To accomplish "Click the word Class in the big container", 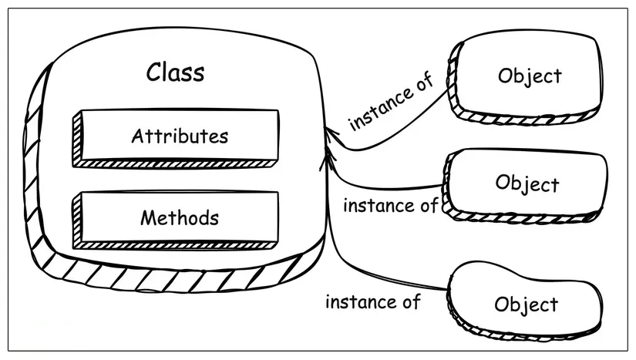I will [x=176, y=72].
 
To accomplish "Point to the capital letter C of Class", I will [x=155, y=72].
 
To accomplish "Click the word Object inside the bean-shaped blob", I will [x=527, y=304].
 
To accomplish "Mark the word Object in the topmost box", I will [x=530, y=76].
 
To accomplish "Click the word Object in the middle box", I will [x=527, y=184].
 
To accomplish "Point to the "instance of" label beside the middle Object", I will [x=390, y=206].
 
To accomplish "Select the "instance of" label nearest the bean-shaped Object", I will [x=373, y=301].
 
